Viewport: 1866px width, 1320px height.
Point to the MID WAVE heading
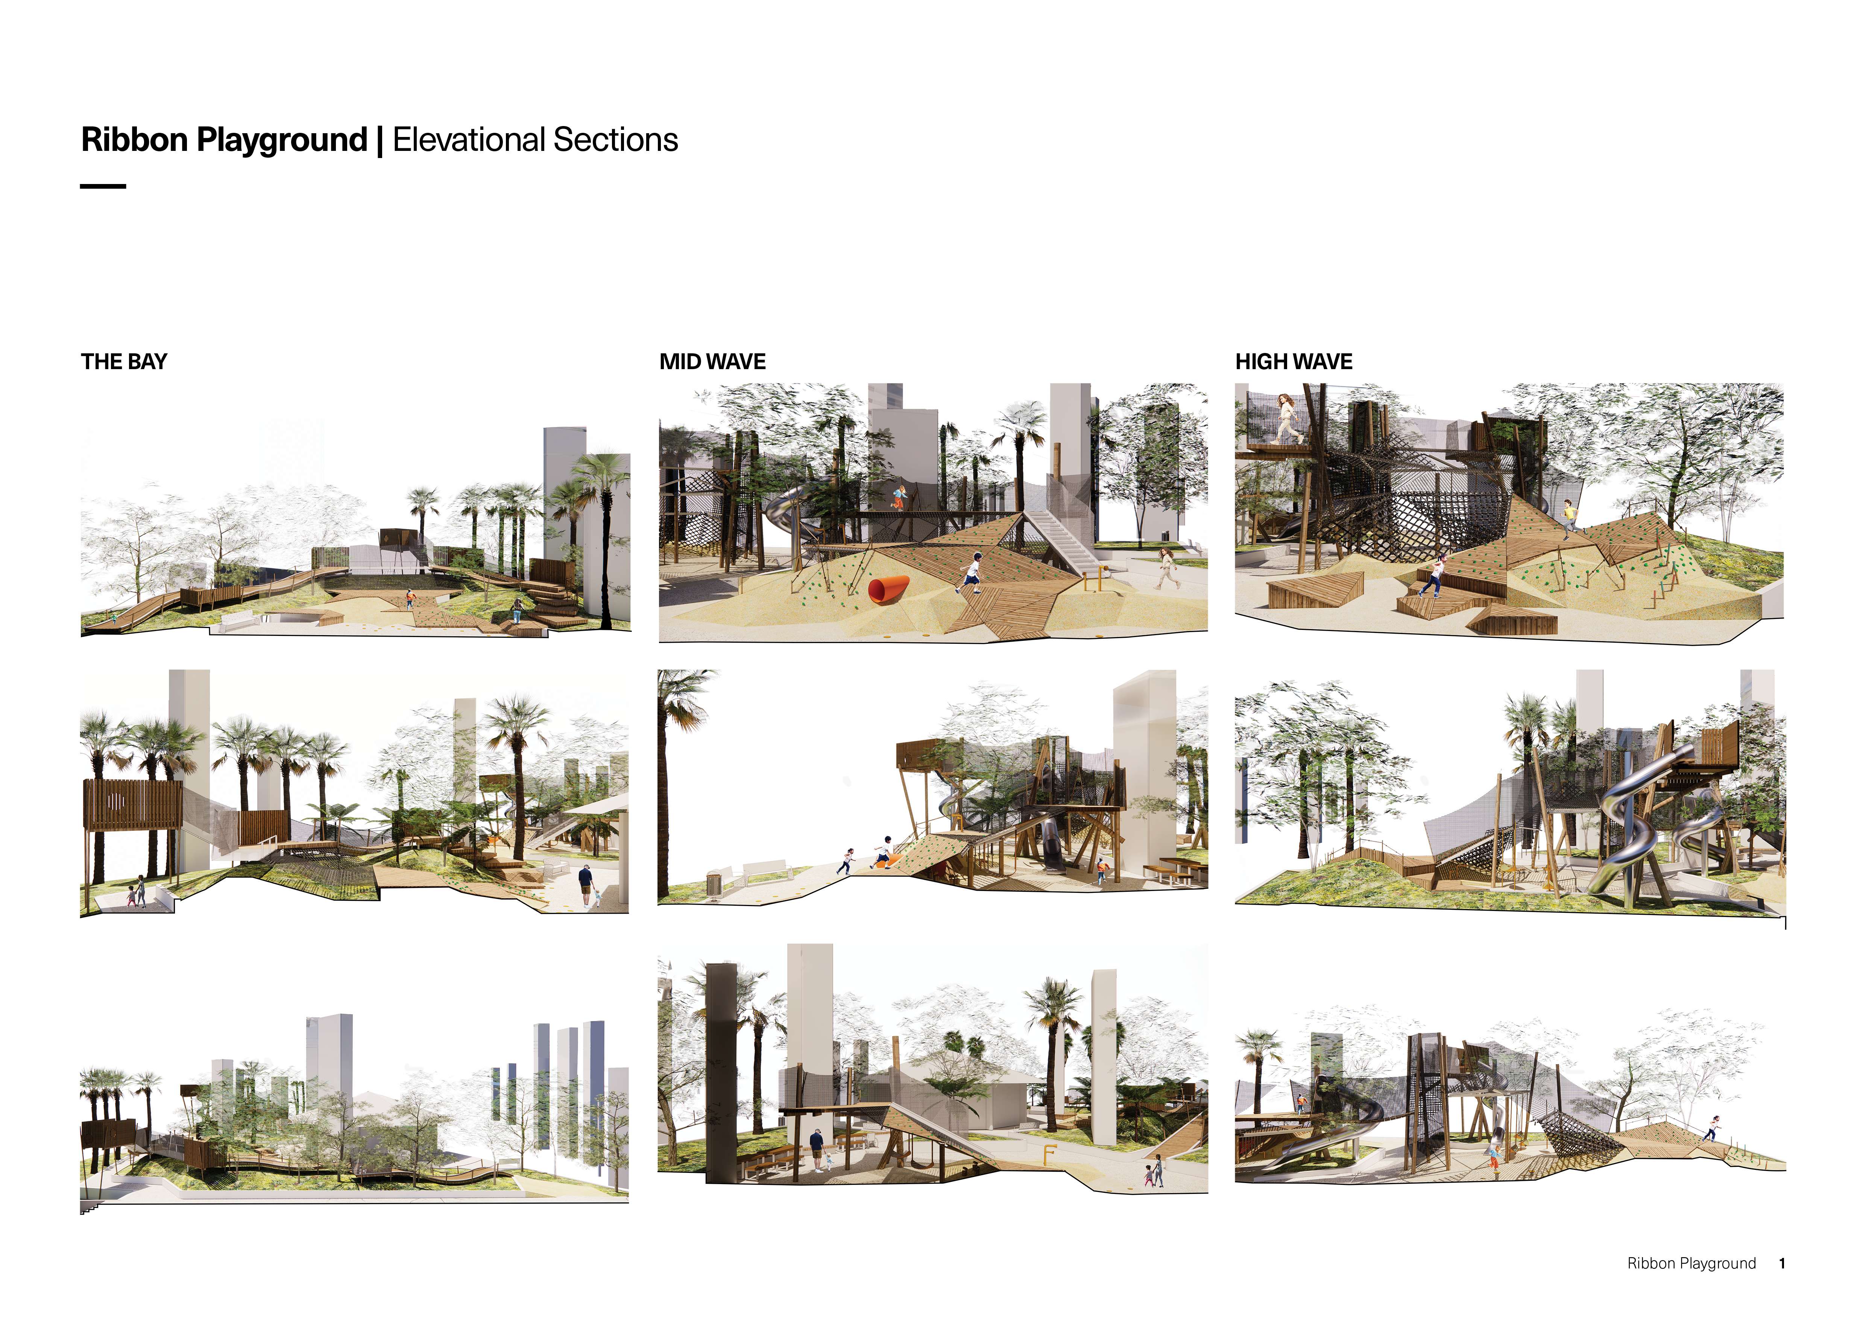click(713, 362)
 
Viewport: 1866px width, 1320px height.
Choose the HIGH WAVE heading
click(1294, 362)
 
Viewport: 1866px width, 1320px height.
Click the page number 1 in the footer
click(1782, 1263)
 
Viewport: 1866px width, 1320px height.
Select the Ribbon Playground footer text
click(1691, 1263)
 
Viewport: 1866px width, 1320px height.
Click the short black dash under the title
click(103, 186)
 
